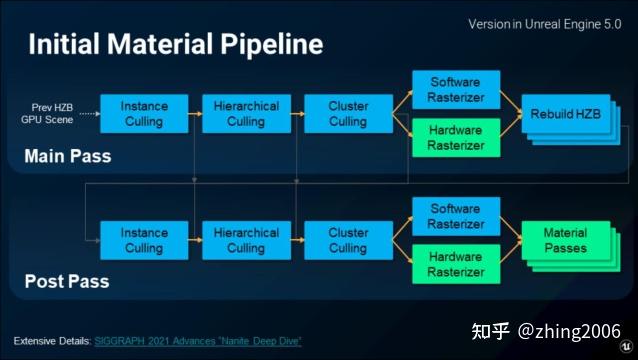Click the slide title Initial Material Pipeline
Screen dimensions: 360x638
(176, 44)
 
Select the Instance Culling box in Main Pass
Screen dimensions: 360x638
(145, 114)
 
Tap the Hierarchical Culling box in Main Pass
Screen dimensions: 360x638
(246, 114)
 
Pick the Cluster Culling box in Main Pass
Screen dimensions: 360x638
(348, 114)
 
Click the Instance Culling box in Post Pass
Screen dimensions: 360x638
(145, 241)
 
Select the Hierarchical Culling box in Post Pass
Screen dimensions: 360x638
(246, 241)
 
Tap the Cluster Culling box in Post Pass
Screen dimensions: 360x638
(348, 241)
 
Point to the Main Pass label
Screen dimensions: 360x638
(68, 156)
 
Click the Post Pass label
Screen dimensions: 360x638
(66, 282)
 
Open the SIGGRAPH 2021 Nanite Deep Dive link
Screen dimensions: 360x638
(198, 342)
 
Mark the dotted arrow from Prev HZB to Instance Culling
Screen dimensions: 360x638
(88, 113)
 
